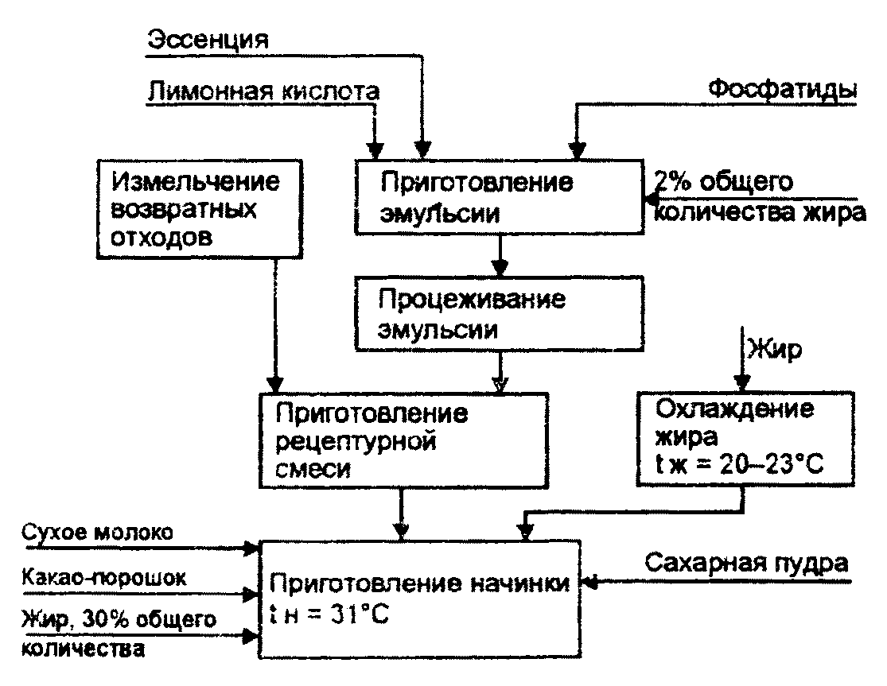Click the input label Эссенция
tap(209, 39)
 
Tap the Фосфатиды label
tap(783, 90)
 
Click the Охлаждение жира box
tap(745, 442)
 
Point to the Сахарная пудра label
tap(746, 564)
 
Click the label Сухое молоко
tap(96, 531)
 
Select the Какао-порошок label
tap(104, 578)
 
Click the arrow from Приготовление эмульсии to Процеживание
tap(500, 255)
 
